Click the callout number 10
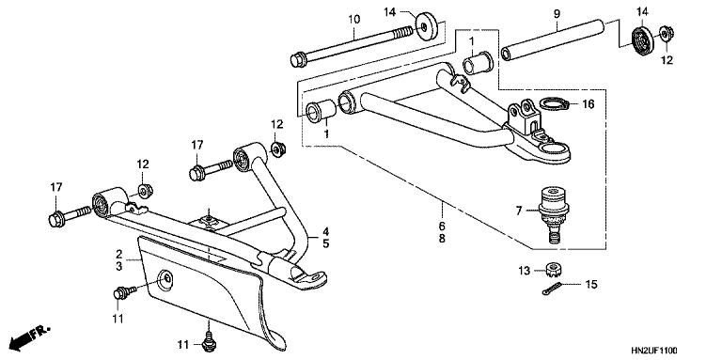pyautogui.click(x=354, y=20)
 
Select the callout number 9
pyautogui.click(x=557, y=14)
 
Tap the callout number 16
pyautogui.click(x=589, y=104)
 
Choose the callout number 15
pyautogui.click(x=591, y=284)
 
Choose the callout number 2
pyautogui.click(x=119, y=254)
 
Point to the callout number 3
pyautogui.click(x=119, y=267)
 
